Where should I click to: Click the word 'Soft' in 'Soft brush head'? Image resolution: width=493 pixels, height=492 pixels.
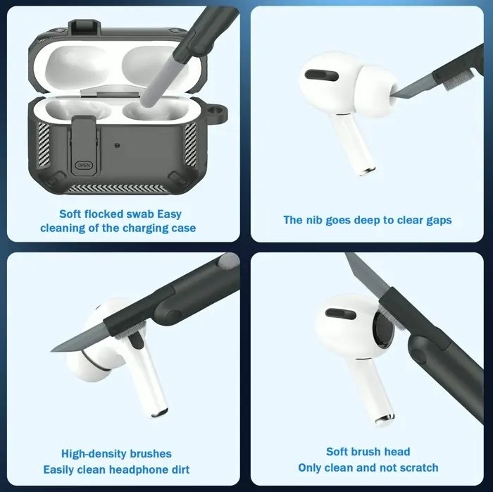339,452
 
